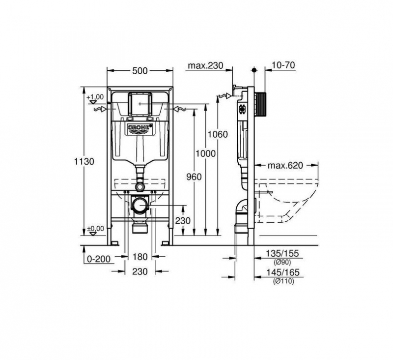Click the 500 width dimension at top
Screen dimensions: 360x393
click(140, 71)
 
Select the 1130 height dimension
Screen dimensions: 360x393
click(87, 161)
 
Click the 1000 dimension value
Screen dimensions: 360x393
click(205, 153)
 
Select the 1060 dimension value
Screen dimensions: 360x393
click(217, 134)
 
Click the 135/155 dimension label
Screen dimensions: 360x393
click(281, 254)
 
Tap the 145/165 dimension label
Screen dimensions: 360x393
click(281, 272)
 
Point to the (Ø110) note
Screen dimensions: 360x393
click(281, 281)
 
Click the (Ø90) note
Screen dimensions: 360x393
click(281, 262)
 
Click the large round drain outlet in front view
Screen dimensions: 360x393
click(140, 204)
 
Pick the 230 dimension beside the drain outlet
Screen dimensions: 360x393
click(182, 221)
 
